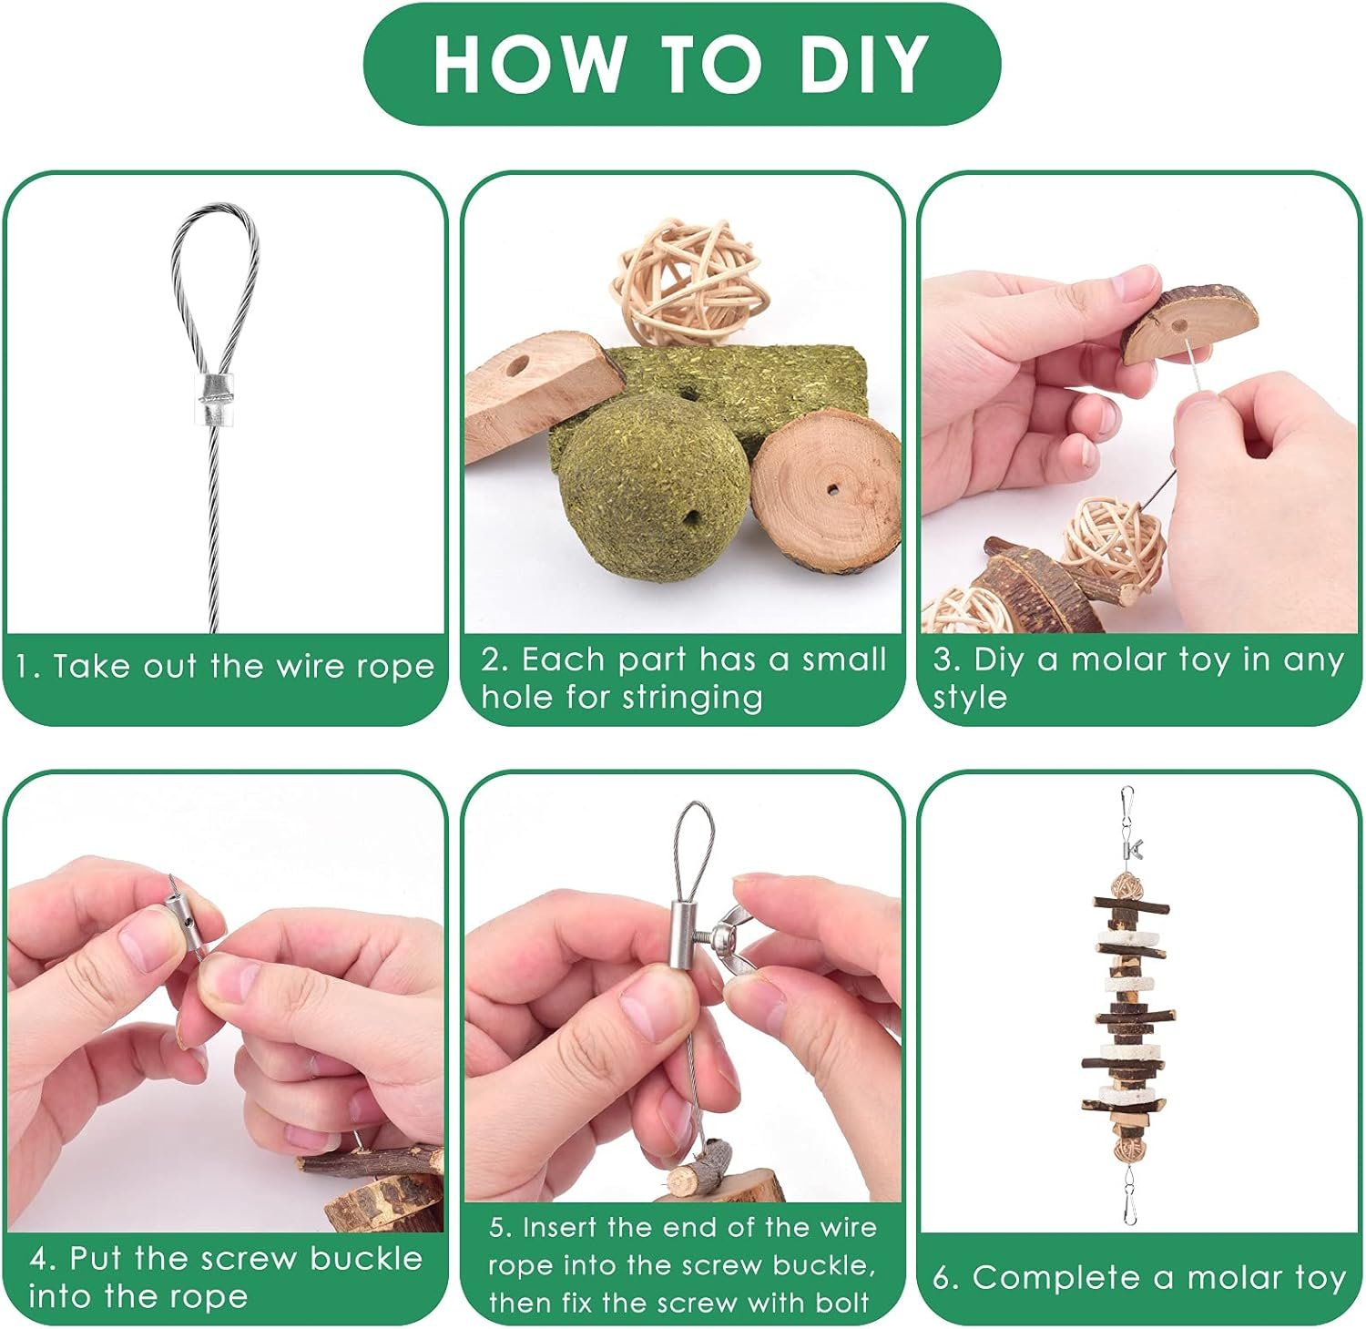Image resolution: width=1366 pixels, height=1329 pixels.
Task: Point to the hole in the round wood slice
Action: click(x=834, y=489)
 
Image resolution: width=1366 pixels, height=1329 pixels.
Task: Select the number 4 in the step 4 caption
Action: click(x=38, y=1259)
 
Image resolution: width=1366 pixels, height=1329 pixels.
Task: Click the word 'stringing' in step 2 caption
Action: click(x=693, y=699)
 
